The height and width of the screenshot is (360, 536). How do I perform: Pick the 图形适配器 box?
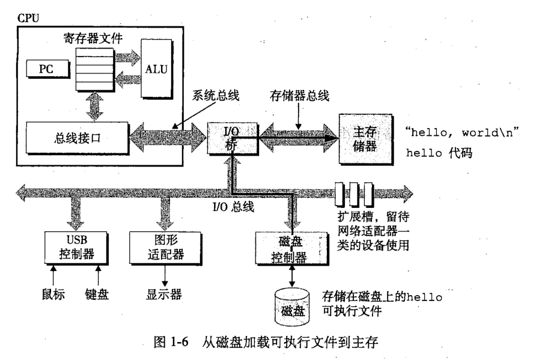pos(160,247)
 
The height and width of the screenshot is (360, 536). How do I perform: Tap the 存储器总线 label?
pos(294,95)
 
